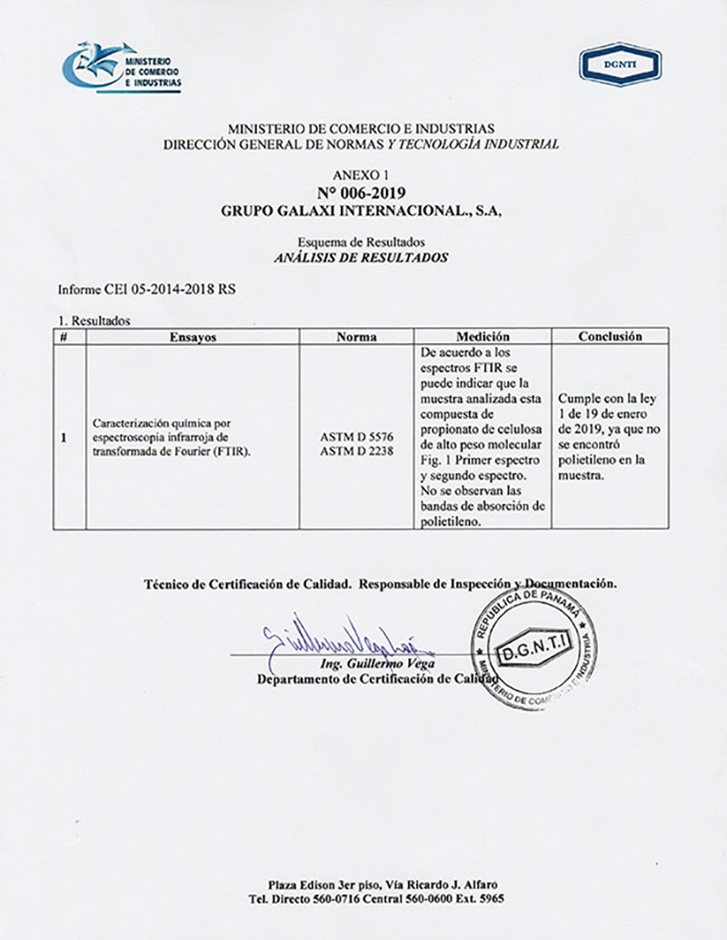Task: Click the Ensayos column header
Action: point(193,336)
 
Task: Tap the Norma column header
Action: point(356,336)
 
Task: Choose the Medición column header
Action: point(483,336)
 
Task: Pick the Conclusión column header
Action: point(610,336)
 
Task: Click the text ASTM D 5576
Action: point(356,437)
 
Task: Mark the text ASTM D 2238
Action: point(356,450)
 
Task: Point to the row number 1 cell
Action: point(64,438)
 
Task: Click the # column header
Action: point(64,336)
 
